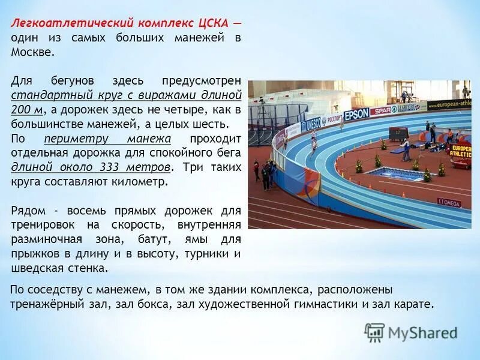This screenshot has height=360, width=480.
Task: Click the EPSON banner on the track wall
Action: pos(357,113)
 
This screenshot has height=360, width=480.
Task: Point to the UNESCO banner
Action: pos(313,124)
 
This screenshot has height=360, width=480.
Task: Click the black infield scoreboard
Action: pos(398,133)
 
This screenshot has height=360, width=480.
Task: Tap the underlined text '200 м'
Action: pos(27,110)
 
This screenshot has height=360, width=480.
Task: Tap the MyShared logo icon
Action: pos(374,332)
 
